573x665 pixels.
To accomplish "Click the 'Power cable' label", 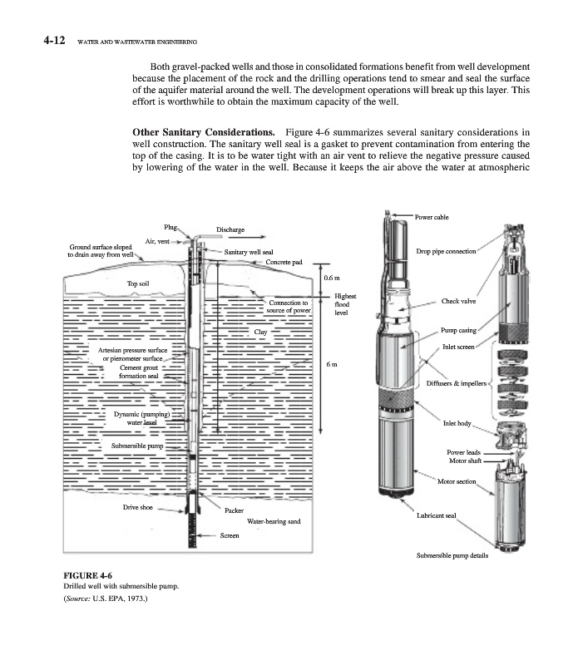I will pos(431,216).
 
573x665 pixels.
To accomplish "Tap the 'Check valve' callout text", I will pos(458,302).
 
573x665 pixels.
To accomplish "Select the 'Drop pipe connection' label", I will pos(446,251).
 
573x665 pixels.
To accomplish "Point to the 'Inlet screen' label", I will pos(458,346).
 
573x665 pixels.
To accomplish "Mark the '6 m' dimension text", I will pos(331,365).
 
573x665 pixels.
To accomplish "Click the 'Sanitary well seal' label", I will pos(249,251).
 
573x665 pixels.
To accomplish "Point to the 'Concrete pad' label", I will pos(284,263).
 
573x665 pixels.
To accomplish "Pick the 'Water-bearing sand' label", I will pos(274,521).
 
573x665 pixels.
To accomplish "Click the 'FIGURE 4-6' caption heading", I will pos(87,574).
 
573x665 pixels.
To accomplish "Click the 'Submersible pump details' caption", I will pos(452,556).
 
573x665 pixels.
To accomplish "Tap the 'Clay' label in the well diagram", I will pos(260,332).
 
